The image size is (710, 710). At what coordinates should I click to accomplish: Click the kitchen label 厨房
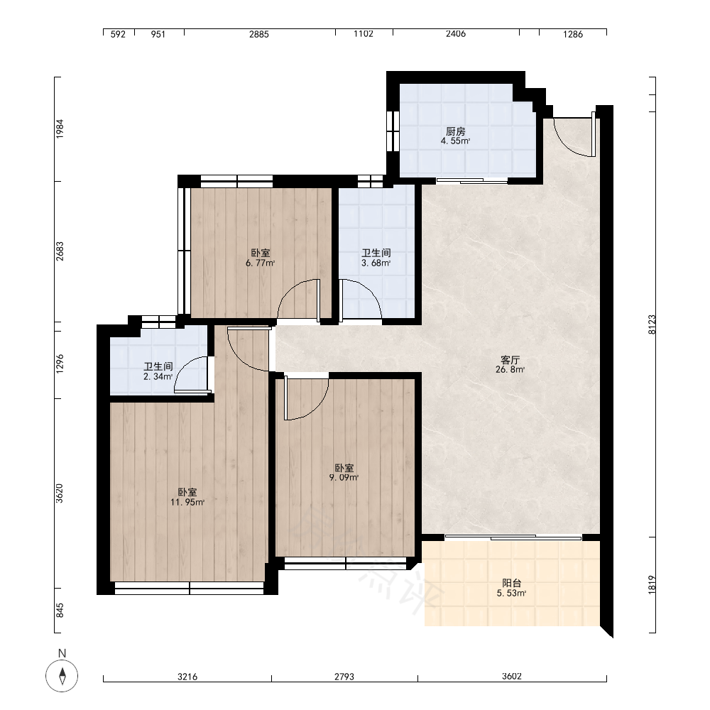[456, 131]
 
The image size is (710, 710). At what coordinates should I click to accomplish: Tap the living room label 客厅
[510, 360]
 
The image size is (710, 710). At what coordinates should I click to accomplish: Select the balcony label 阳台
[511, 583]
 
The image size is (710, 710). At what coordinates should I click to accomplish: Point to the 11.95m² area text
[187, 502]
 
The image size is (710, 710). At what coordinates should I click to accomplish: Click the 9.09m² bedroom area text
[344, 477]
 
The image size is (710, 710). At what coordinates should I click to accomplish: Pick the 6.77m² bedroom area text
[261, 263]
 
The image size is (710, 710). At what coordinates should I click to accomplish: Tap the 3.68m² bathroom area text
[376, 263]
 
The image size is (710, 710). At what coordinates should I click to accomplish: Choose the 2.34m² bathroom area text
[158, 376]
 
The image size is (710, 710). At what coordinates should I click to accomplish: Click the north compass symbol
[62, 676]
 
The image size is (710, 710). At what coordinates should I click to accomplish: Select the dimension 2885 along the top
[259, 34]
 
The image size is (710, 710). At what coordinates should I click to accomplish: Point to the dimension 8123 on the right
[652, 324]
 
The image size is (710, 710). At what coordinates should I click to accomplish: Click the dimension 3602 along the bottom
[512, 677]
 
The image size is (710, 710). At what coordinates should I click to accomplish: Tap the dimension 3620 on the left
[60, 493]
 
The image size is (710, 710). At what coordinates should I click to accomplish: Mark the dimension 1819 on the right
[652, 585]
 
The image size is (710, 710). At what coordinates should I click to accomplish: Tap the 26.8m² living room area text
[510, 369]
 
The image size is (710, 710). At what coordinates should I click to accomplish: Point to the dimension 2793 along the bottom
[344, 677]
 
